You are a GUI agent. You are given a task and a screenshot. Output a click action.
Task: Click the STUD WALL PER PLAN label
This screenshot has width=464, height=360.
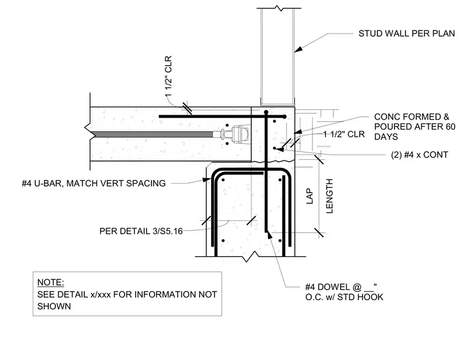click(407, 34)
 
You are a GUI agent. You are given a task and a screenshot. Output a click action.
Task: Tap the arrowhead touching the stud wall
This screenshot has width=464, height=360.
click(299, 49)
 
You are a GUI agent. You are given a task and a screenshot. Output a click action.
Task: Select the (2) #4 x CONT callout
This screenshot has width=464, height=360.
click(419, 155)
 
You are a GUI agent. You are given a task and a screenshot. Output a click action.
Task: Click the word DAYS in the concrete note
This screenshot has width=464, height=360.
click(386, 137)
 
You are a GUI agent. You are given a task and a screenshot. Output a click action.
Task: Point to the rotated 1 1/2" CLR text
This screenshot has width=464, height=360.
click(168, 76)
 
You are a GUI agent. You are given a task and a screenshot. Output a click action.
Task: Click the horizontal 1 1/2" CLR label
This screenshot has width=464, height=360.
click(344, 134)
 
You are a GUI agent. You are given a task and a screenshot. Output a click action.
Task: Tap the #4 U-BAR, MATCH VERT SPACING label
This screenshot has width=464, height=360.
click(94, 184)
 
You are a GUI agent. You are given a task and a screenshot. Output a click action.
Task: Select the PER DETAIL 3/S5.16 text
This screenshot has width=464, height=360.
click(141, 231)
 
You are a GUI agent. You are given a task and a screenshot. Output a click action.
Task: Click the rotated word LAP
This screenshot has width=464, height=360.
click(310, 196)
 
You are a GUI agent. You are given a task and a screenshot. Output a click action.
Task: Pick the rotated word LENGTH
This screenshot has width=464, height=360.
click(329, 196)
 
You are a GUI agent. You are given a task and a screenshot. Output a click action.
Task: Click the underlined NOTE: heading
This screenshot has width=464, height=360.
click(51, 283)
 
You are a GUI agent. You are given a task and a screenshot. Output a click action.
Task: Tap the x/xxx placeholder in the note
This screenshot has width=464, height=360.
click(101, 295)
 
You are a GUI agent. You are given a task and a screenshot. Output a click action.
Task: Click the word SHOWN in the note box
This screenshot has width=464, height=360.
click(54, 306)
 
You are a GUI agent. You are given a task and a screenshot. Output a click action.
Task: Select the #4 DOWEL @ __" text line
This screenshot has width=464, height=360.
click(341, 287)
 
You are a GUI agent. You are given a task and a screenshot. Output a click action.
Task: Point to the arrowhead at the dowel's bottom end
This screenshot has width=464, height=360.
click(269, 234)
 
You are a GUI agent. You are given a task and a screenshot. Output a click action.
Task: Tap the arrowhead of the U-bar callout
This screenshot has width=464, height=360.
click(207, 179)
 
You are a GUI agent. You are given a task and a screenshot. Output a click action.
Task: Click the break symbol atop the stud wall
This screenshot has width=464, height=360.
click(278, 8)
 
